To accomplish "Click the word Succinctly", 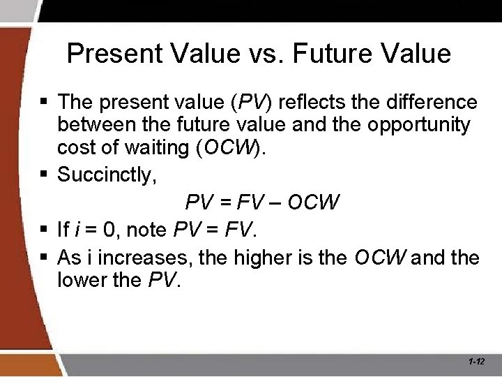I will (x=107, y=174).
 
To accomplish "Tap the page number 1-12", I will (x=477, y=362).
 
